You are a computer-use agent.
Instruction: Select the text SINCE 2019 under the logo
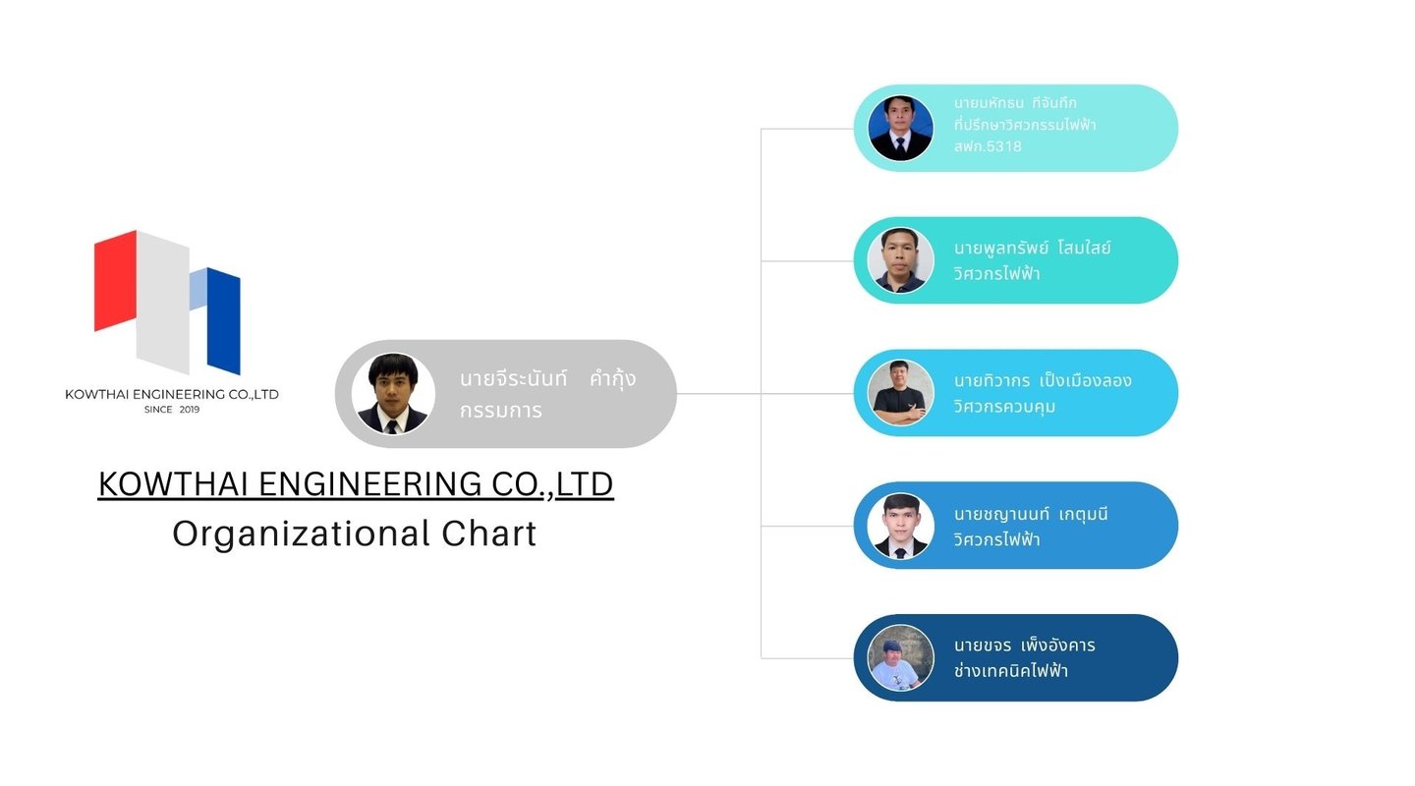pyautogui.click(x=172, y=410)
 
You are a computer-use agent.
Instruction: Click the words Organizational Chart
pyautogui.click(x=355, y=533)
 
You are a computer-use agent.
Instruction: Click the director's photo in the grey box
pyautogui.click(x=393, y=394)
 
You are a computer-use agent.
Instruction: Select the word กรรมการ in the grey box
pyautogui.click(x=501, y=411)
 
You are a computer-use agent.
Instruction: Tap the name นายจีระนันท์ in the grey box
pyautogui.click(x=513, y=378)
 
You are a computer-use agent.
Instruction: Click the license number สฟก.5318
pyautogui.click(x=988, y=146)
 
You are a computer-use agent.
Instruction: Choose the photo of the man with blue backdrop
pyautogui.click(x=900, y=129)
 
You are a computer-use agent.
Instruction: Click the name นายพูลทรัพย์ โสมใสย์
pyautogui.click(x=1032, y=248)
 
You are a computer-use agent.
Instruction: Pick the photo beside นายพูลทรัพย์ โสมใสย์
pyautogui.click(x=900, y=260)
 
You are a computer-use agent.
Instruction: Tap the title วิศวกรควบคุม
pyautogui.click(x=1004, y=406)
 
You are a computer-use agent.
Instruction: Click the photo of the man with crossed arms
pyautogui.click(x=900, y=393)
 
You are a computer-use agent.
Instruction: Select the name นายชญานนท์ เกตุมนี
pyautogui.click(x=1031, y=514)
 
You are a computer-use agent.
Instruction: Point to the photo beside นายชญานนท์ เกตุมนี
pyautogui.click(x=900, y=526)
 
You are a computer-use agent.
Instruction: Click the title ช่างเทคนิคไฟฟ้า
pyautogui.click(x=1010, y=671)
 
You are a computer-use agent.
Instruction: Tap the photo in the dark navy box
pyautogui.click(x=900, y=658)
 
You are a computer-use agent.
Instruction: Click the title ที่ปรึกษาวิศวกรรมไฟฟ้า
pyautogui.click(x=1025, y=125)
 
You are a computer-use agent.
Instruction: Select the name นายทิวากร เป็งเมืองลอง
pyautogui.click(x=1043, y=380)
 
